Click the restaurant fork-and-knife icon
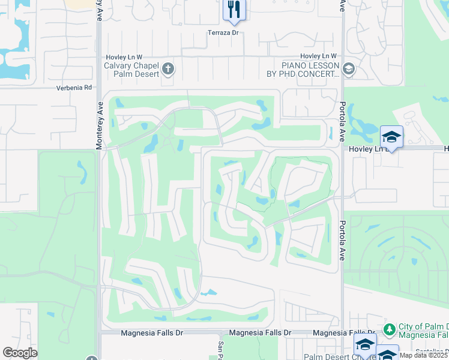pos(234,9)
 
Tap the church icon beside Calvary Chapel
pos(168,69)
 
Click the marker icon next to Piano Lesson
pos(349,70)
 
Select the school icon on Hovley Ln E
pos(391,137)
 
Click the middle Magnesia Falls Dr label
pos(260,332)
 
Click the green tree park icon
pos(390,329)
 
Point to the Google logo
pos(20,353)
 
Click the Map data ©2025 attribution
pos(423,355)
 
